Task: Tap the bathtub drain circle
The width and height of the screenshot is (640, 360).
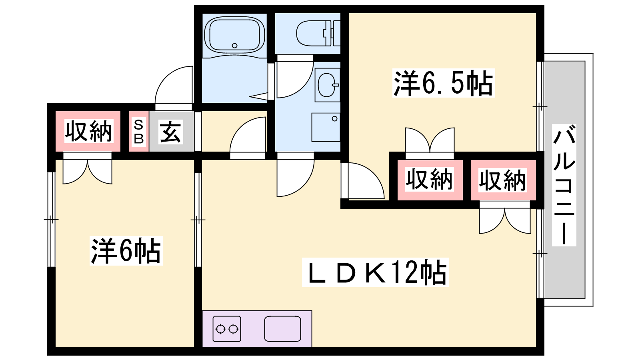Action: click(234, 46)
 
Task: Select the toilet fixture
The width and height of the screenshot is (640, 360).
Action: click(318, 33)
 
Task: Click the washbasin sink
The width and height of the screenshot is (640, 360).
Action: click(328, 85)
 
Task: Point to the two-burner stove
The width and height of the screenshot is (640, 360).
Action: click(227, 329)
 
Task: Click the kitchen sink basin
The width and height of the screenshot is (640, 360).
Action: click(282, 329)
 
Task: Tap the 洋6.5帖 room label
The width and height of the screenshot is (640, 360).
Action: click(444, 83)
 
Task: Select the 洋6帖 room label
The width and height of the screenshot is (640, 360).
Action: click(126, 250)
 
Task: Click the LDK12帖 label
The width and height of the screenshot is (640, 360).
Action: click(375, 272)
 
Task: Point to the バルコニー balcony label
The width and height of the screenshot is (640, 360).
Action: click(564, 185)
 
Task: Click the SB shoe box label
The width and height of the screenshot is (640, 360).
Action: click(138, 132)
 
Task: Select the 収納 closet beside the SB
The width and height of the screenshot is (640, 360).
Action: click(88, 131)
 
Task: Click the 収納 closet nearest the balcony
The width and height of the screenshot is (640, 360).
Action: click(503, 180)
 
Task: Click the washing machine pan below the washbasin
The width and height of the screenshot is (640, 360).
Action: click(326, 127)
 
